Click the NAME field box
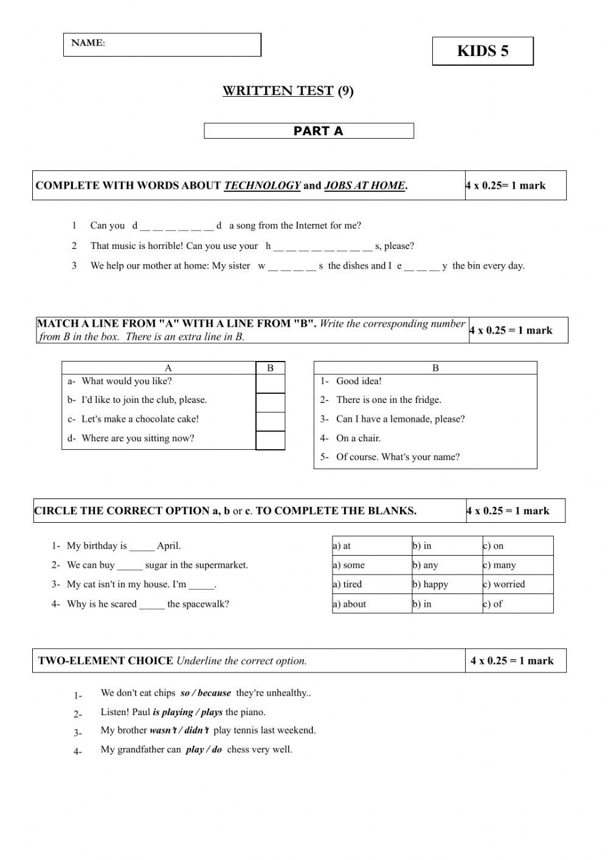(162, 44)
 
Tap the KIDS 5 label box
(483, 51)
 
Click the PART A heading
(318, 131)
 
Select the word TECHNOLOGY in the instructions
(262, 186)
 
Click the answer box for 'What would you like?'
(270, 383)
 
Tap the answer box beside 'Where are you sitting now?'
(270, 440)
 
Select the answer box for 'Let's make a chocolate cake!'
(270, 421)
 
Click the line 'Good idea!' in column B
(359, 381)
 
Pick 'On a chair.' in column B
(358, 438)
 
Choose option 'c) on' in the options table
(517, 546)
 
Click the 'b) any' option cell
(446, 565)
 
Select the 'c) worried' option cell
(517, 584)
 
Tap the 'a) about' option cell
(371, 604)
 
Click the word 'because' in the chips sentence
(214, 693)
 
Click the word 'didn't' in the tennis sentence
(197, 730)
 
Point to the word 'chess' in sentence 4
(238, 749)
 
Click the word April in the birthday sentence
(168, 546)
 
